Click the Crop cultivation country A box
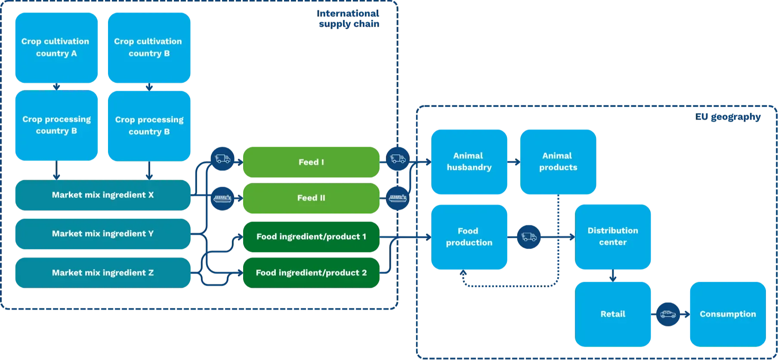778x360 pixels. click(56, 47)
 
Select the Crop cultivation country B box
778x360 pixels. click(149, 47)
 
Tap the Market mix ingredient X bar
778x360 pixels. click(102, 195)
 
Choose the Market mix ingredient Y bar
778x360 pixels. click(102, 234)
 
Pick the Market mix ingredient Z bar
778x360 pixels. click(102, 273)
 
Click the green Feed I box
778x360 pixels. click(311, 162)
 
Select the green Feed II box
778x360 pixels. click(311, 198)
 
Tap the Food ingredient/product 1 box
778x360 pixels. click(311, 237)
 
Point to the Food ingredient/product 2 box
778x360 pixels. click(311, 273)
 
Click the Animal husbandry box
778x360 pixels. click(469, 161)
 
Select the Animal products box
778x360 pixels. click(558, 161)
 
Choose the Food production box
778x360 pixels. click(469, 237)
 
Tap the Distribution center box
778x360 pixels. click(613, 237)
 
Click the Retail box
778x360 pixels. click(613, 314)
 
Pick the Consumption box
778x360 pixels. click(727, 314)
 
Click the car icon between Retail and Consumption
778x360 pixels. click(668, 314)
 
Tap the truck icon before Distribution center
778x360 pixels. click(529, 237)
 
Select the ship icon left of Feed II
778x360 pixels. click(222, 198)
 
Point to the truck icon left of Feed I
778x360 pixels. click(222, 159)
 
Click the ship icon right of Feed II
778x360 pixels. click(398, 198)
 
